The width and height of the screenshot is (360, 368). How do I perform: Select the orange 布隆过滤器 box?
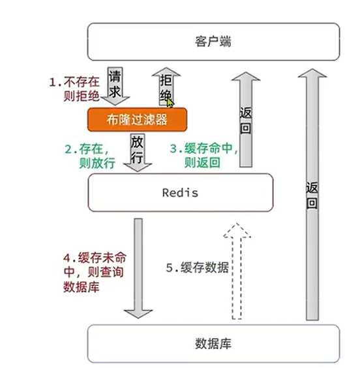(x=138, y=119)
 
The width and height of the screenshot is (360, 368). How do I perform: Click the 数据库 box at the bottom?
(x=213, y=343)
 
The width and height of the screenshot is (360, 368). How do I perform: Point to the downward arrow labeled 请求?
(x=115, y=85)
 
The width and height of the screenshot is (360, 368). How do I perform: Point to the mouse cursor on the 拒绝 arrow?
(x=170, y=102)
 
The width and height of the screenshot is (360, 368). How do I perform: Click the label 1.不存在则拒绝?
(x=76, y=90)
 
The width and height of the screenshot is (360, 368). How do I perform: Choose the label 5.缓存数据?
(x=197, y=268)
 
